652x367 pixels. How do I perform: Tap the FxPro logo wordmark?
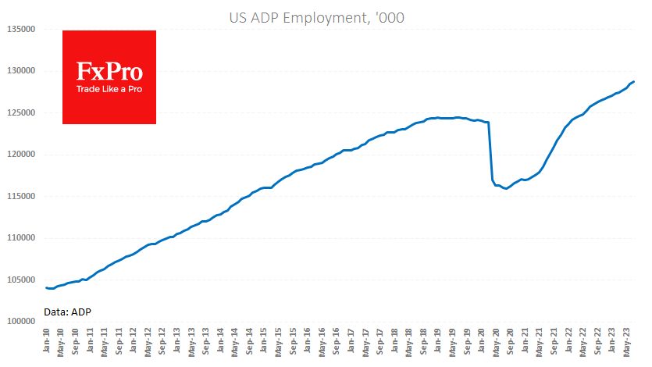click(x=109, y=72)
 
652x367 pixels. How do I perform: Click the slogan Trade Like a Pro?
click(x=109, y=89)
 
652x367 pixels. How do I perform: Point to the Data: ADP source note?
click(x=68, y=311)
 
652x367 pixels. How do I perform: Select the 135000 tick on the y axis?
click(x=22, y=30)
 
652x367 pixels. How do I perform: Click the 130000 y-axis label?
click(x=22, y=71)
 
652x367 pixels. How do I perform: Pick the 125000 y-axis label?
click(x=22, y=113)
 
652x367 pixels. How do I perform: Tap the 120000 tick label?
click(x=22, y=155)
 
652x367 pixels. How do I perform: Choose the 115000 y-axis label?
click(x=22, y=197)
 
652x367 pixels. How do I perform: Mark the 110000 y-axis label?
click(x=22, y=238)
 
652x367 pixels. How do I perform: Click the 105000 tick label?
click(x=22, y=280)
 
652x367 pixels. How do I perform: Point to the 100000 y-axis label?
click(x=22, y=322)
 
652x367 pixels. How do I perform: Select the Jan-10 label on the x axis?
click(x=47, y=342)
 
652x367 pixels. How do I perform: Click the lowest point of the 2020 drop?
click(x=507, y=189)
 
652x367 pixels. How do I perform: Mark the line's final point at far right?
click(x=634, y=81)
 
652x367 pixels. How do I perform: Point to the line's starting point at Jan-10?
click(x=46, y=288)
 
